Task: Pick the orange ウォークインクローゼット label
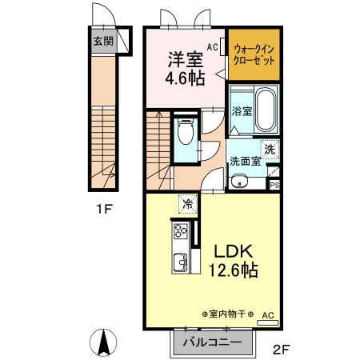(253, 55)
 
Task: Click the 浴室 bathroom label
(241, 110)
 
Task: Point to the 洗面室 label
(246, 160)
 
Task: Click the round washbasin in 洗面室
(239, 180)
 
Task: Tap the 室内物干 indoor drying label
(228, 314)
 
